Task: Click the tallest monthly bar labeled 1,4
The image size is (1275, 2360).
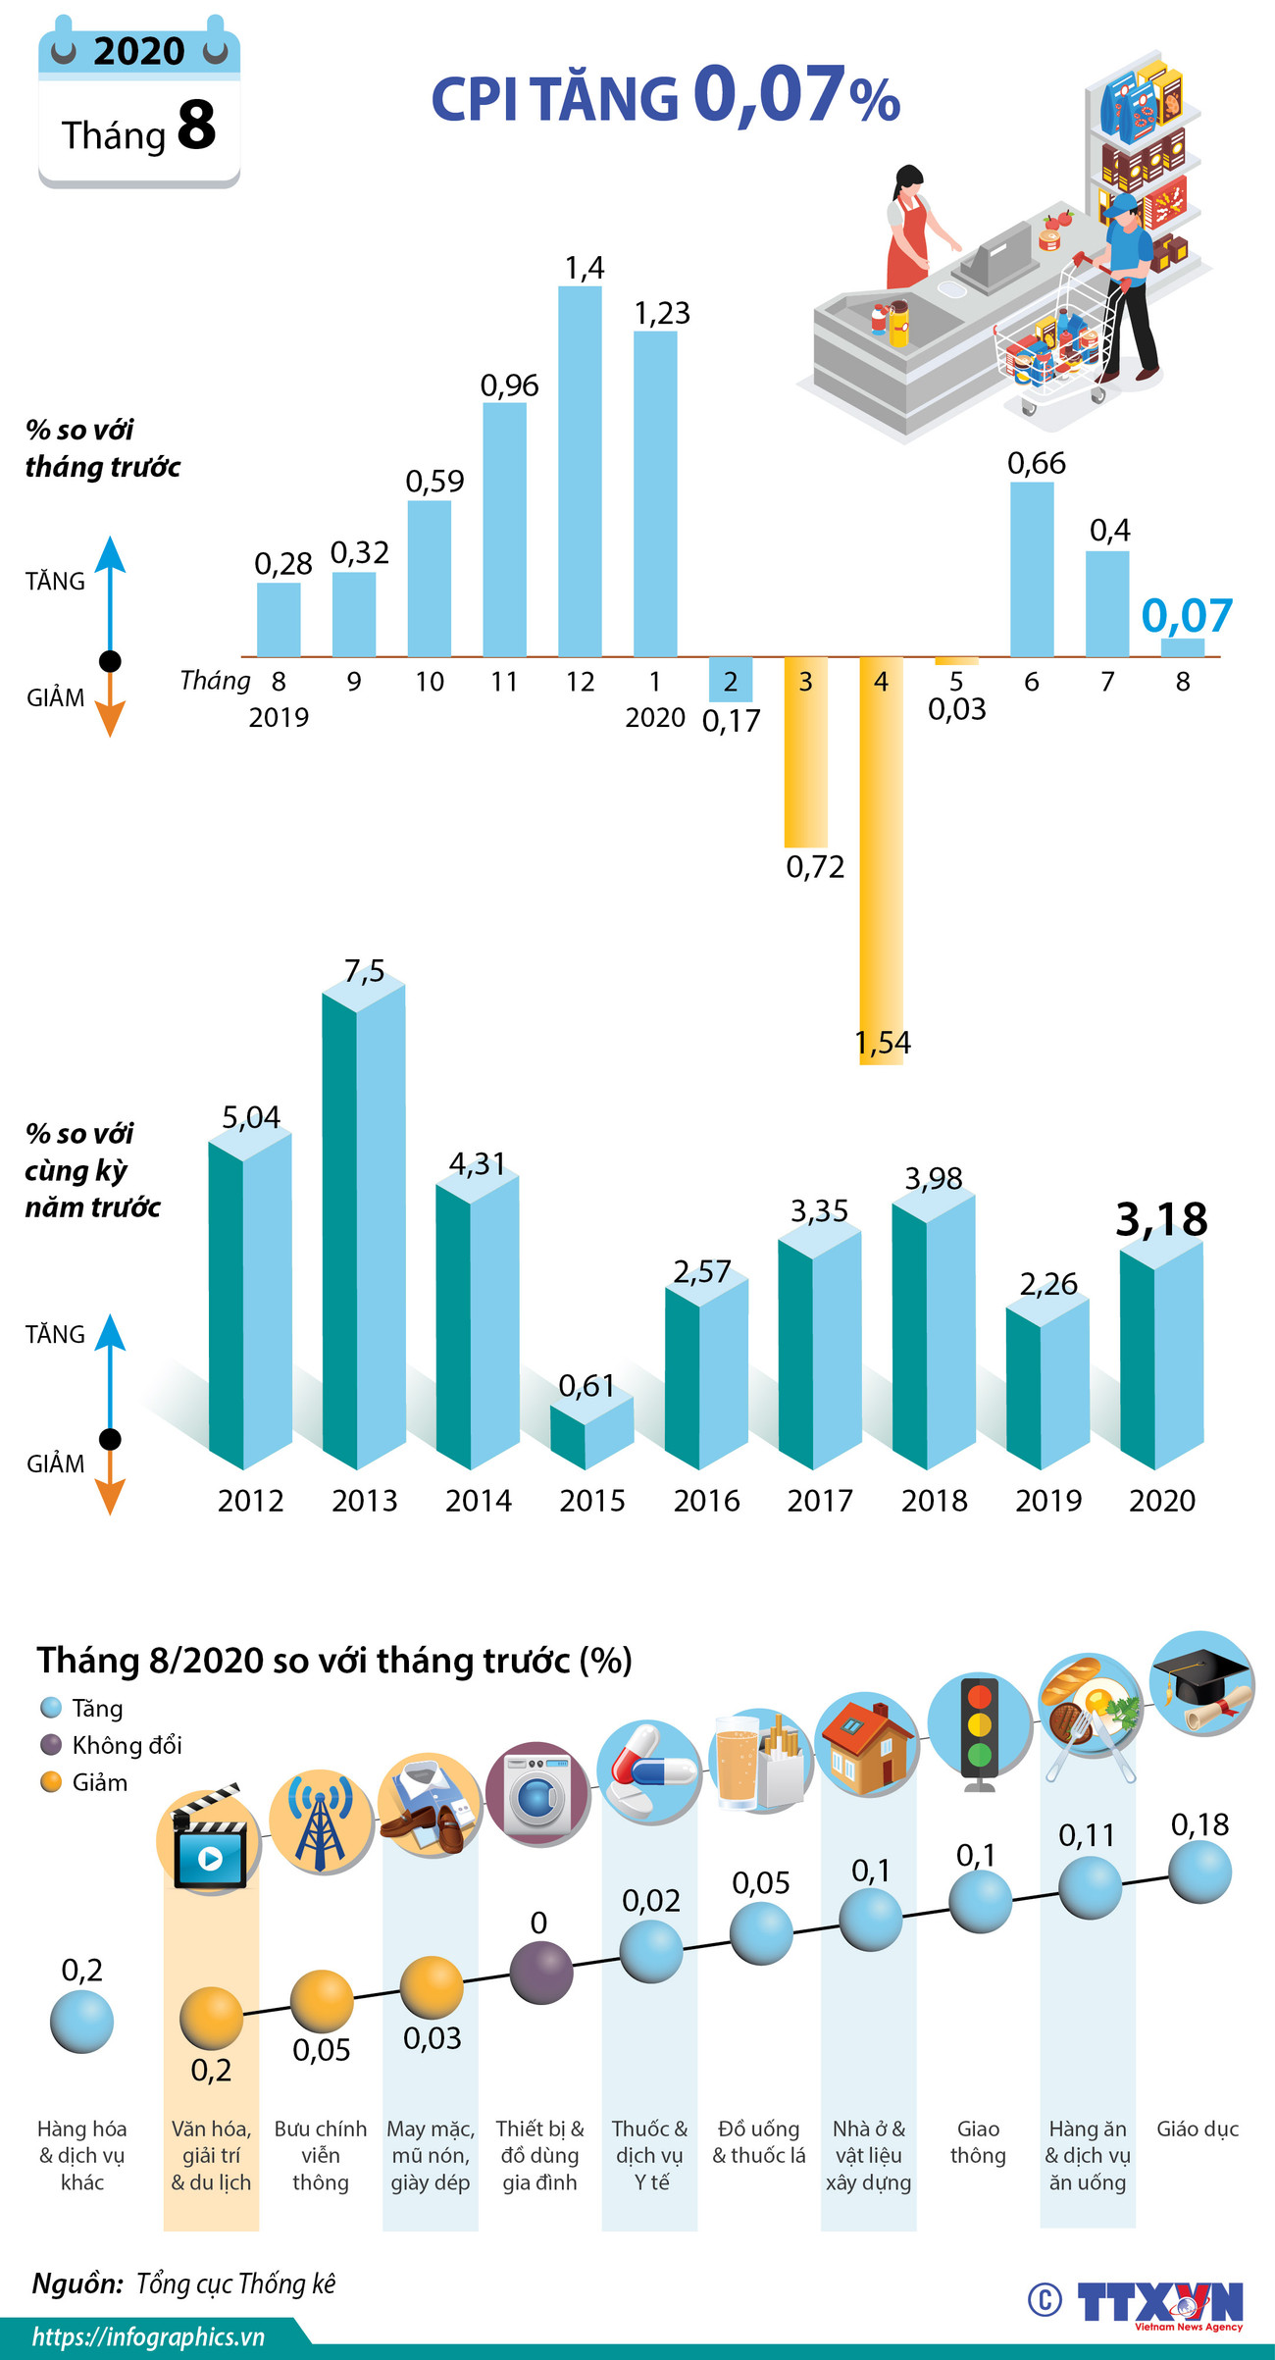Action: [x=579, y=471]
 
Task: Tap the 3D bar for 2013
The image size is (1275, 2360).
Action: [x=364, y=1226]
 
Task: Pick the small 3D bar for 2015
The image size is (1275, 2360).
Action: [x=591, y=1432]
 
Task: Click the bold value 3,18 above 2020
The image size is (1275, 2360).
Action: [x=1161, y=1219]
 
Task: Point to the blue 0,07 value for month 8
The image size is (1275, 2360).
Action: [x=1186, y=616]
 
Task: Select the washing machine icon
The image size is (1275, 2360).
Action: [x=537, y=1794]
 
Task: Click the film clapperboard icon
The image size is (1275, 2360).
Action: [x=209, y=1840]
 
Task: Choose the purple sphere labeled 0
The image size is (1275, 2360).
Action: [x=541, y=1972]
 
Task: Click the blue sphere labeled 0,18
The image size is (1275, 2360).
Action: [x=1199, y=1872]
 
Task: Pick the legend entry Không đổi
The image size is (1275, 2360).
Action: [x=126, y=1745]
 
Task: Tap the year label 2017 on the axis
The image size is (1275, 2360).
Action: [x=820, y=1500]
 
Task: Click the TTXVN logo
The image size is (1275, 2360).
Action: [x=1159, y=2301]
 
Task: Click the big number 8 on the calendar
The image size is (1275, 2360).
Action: [x=196, y=126]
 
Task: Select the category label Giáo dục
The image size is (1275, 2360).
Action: [x=1197, y=2129]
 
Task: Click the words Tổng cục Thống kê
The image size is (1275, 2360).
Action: [x=235, y=2283]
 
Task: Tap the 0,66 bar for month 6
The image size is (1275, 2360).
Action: [x=1032, y=569]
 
